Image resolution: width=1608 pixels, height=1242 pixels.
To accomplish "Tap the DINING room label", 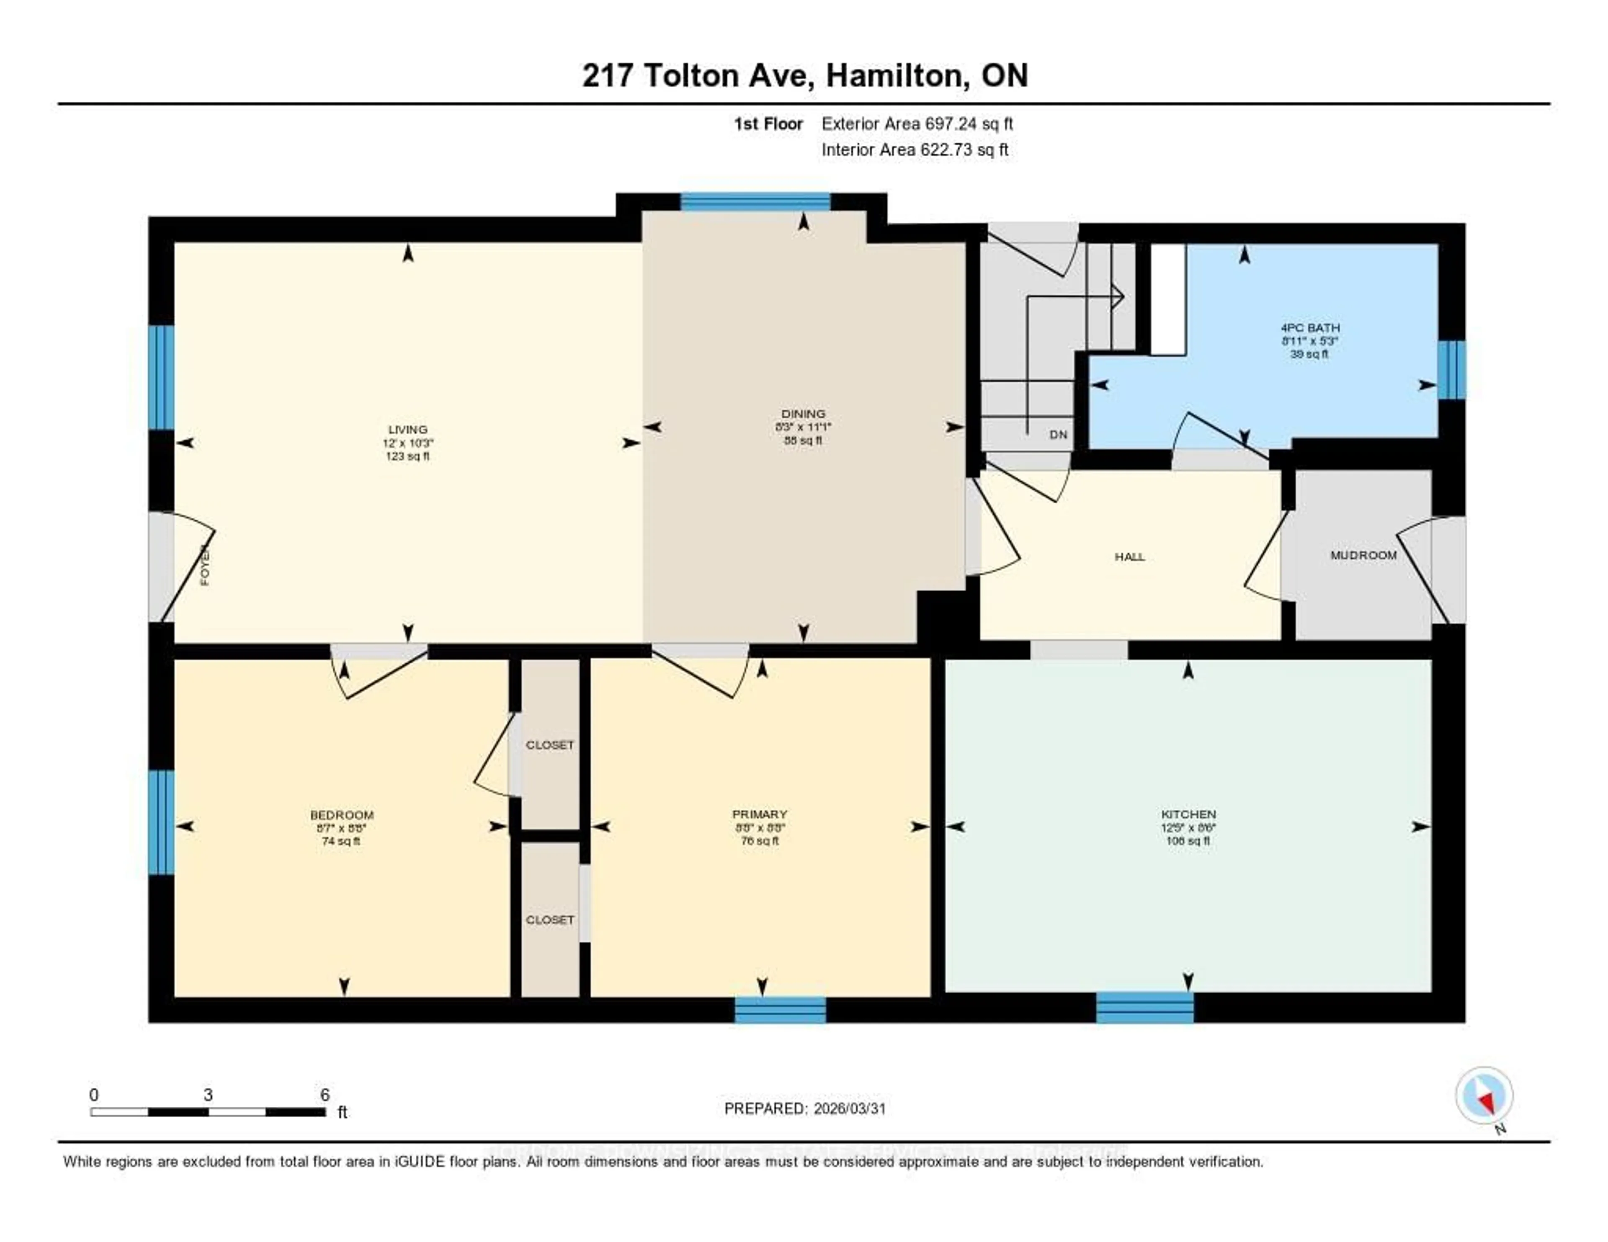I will (x=803, y=414).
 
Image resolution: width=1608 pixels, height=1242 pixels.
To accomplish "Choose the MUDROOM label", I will (x=1363, y=555).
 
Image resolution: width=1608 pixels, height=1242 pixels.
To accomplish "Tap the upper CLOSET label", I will (x=549, y=745).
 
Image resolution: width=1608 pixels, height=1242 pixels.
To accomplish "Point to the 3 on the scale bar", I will (x=209, y=1095).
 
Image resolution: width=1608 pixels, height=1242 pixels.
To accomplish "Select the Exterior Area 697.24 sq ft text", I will (x=917, y=124).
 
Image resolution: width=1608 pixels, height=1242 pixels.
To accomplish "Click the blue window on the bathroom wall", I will (x=1451, y=370).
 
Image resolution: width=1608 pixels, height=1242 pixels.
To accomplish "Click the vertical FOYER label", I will (x=205, y=565).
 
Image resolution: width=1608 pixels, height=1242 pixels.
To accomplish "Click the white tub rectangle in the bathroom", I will (x=1168, y=300).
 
